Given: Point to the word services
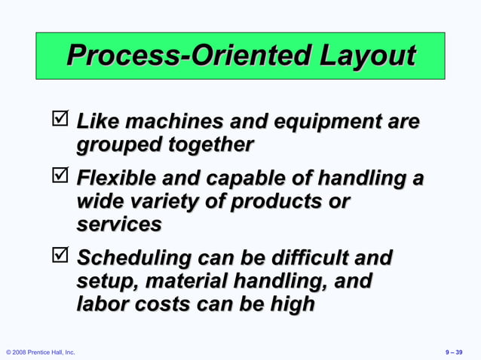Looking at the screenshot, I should click(119, 224).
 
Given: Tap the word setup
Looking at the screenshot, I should click(105, 281).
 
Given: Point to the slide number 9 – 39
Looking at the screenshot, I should click(455, 352).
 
